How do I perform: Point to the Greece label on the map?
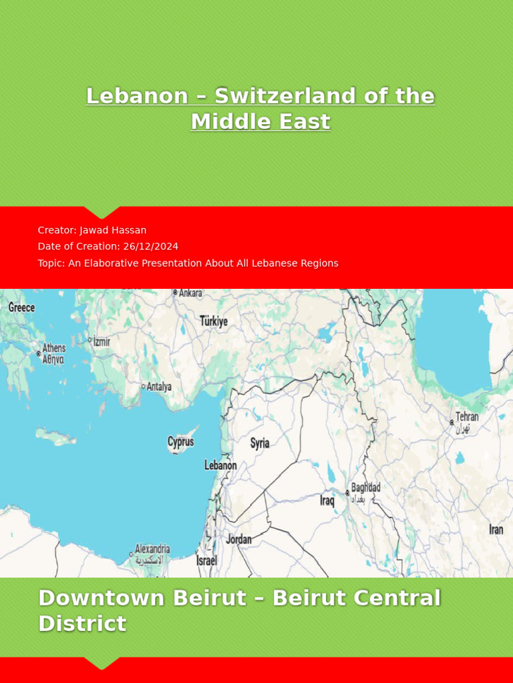(x=21, y=307)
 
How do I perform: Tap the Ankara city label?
(x=190, y=293)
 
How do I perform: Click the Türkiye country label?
(x=214, y=321)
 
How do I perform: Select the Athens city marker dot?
(x=38, y=353)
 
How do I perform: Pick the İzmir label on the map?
(x=102, y=341)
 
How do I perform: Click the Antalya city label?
(x=159, y=387)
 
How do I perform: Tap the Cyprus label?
(x=180, y=442)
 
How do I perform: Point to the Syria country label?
(x=260, y=443)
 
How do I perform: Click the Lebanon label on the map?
(x=220, y=466)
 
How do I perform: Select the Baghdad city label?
(x=365, y=488)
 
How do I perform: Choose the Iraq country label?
(x=327, y=500)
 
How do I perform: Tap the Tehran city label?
(x=467, y=417)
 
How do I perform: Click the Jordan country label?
(x=238, y=539)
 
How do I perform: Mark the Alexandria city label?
(x=152, y=550)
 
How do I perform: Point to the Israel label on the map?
(x=206, y=561)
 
